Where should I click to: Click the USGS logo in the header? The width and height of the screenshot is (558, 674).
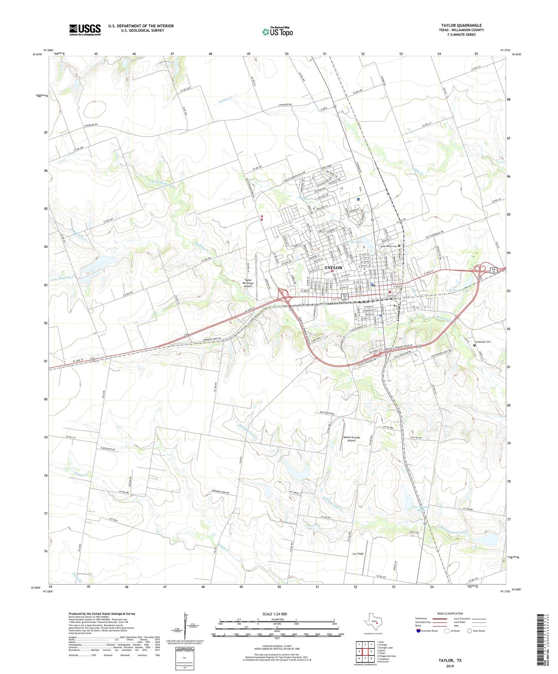pos(85,30)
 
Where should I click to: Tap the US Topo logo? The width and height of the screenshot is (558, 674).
pos(277,31)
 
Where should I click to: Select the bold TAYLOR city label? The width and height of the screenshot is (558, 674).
pos(333,268)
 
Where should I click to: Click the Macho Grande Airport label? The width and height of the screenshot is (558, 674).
pos(351,439)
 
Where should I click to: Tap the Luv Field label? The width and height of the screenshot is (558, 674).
pos(358,554)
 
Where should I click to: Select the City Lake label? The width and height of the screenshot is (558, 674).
pos(355,242)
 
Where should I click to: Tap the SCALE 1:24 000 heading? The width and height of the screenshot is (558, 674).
pos(275,614)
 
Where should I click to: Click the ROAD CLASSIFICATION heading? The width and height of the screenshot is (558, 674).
pos(450,613)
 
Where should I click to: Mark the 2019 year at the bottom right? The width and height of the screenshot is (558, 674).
pos(449,666)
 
